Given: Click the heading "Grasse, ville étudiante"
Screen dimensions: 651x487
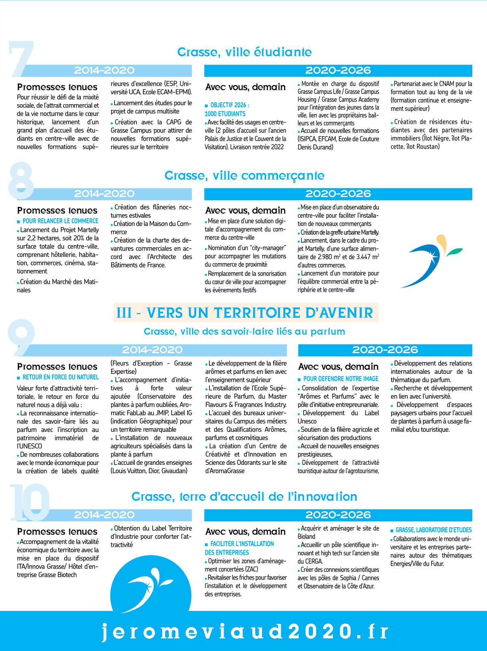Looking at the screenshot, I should coord(244,52).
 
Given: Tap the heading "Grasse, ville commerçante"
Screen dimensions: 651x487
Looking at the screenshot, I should coord(244,176).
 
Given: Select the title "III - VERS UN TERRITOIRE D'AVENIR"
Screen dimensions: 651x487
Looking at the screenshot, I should coord(245,313).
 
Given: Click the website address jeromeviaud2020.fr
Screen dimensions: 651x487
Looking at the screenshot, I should coord(245,631).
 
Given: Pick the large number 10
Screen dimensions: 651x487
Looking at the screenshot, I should coord(29,502).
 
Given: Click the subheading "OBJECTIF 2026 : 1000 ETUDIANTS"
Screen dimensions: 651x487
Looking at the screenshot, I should coord(227,110).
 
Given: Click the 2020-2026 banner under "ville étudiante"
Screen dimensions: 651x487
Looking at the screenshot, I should coord(338,71).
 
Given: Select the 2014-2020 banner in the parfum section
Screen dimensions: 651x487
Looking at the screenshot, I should coord(152,350).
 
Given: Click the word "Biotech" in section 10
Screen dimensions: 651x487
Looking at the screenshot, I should coord(67,575).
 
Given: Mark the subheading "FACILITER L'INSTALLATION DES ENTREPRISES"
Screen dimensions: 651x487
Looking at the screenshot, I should coord(239,548).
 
